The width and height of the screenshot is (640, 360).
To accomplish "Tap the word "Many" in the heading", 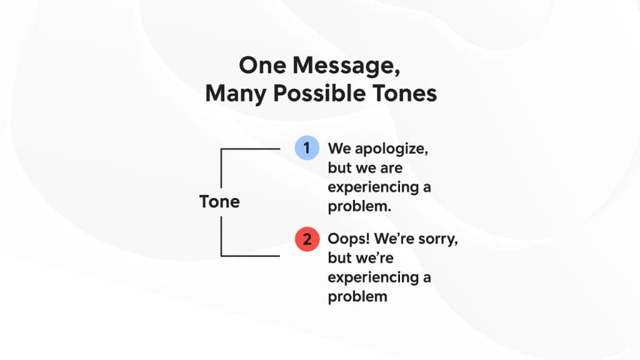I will tap(232, 94).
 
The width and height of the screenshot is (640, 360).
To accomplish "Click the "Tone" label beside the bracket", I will tap(219, 202).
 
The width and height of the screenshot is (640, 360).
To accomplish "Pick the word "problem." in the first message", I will tap(359, 207).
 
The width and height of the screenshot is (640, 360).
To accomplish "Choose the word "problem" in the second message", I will tap(357, 297).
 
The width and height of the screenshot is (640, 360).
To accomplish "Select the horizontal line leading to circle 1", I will tap(251, 149).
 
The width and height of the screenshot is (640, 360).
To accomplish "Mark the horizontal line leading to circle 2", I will tap(251, 256).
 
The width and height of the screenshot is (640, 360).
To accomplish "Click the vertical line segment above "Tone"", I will tap(221, 169).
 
